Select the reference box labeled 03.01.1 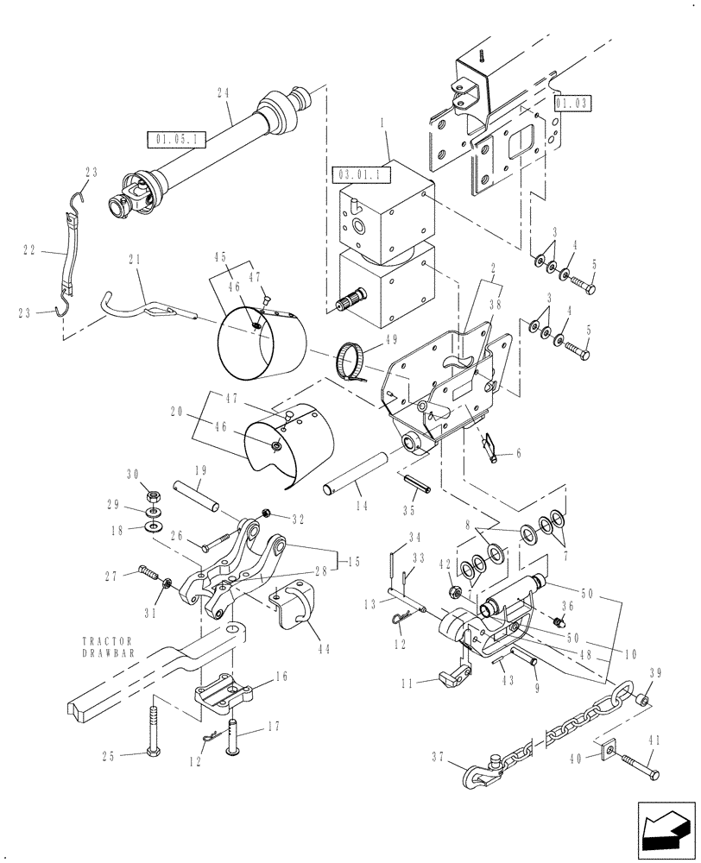point(361,175)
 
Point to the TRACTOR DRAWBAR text point(108,648)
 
